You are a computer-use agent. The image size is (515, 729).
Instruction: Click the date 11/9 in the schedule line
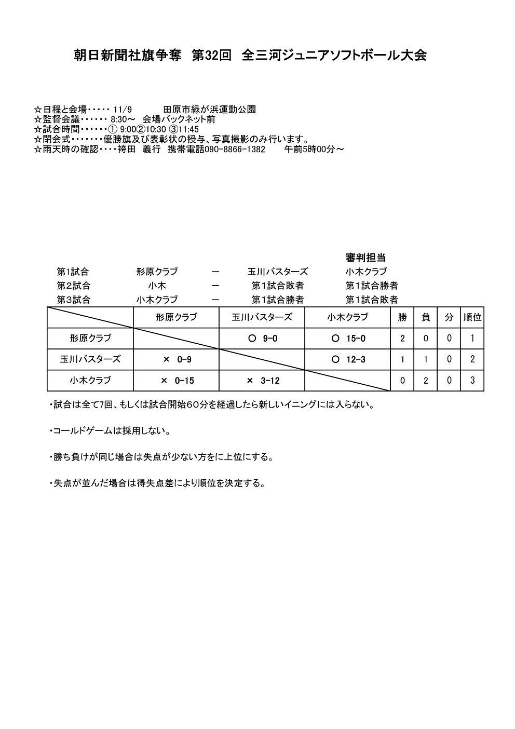coord(126,110)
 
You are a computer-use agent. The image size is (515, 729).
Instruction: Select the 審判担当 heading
coord(365,258)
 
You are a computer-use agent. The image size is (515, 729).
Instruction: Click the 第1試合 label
coord(73,272)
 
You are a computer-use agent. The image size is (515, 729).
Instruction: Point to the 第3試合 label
coord(73,300)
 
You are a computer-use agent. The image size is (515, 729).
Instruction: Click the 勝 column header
coord(402,317)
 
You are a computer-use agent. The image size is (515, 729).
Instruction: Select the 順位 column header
coord(472,317)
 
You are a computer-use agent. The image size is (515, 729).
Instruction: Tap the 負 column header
coord(426,317)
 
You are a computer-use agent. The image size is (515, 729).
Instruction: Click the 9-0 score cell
coord(263,339)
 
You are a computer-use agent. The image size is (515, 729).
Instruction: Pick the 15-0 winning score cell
coord(348,339)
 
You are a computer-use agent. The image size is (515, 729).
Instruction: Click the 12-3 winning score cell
coord(348,359)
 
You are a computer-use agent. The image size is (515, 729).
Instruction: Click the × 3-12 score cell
coord(263,381)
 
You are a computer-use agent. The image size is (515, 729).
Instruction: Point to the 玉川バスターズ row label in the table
coord(90,359)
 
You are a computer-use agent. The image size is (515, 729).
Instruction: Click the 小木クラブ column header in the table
coord(347,317)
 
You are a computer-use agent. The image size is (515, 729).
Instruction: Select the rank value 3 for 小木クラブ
coord(472,381)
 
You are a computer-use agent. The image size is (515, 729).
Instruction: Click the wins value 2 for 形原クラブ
coord(402,339)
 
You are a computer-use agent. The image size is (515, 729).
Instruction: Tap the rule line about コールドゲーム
coord(111,431)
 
